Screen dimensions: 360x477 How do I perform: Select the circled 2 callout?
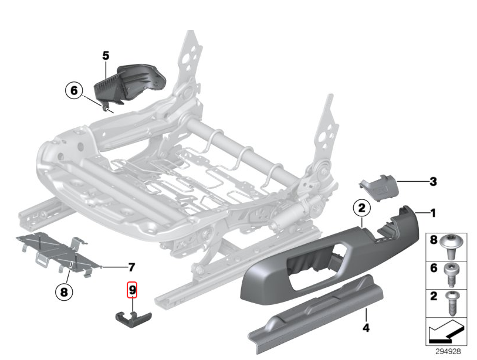tap(362, 208)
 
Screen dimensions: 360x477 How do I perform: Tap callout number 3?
tap(433, 182)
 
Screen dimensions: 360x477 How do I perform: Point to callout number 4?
tap(366, 328)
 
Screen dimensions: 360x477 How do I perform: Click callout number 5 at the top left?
tap(106, 56)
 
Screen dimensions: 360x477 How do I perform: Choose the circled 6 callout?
tap(73, 91)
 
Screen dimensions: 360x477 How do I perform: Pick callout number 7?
tap(131, 267)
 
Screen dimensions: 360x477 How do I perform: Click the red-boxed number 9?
tap(133, 289)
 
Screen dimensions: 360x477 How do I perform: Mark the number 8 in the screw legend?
tap(435, 241)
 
